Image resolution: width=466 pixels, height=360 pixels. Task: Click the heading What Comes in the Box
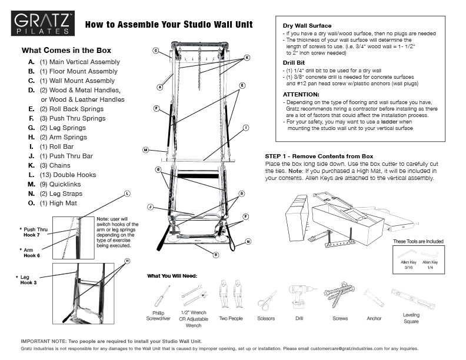pyautogui.click(x=66, y=51)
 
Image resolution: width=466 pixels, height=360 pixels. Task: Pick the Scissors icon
pyautogui.click(x=267, y=300)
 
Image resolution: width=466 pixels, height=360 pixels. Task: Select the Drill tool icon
pyautogui.click(x=299, y=297)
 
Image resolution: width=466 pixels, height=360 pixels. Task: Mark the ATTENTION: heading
pyautogui.click(x=301, y=94)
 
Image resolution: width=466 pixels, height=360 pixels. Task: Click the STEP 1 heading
pyautogui.click(x=319, y=156)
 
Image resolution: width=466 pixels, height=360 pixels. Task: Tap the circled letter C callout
pyautogui.click(x=156, y=51)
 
